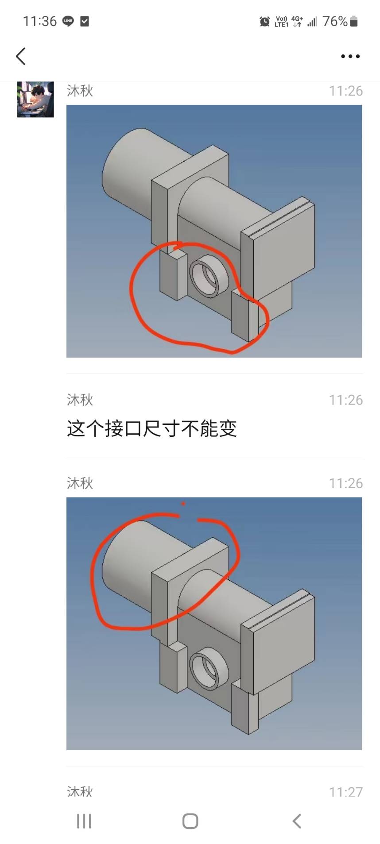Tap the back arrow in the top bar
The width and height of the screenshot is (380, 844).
pyautogui.click(x=21, y=56)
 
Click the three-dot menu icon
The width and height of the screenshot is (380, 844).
pyautogui.click(x=350, y=56)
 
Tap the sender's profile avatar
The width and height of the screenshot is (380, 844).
pyautogui.click(x=35, y=99)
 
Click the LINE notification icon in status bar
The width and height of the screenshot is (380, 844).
pyautogui.click(x=68, y=21)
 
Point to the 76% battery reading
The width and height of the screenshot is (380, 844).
pyautogui.click(x=335, y=21)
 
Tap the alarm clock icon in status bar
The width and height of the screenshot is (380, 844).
pyautogui.click(x=265, y=21)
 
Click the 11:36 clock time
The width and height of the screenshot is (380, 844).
pyautogui.click(x=40, y=21)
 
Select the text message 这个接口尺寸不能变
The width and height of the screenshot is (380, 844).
pyautogui.click(x=152, y=428)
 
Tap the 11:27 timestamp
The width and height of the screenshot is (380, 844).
pyautogui.click(x=345, y=792)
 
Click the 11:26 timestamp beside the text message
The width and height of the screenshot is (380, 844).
pyautogui.click(x=345, y=400)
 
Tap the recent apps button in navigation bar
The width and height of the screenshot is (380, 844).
pyautogui.click(x=84, y=821)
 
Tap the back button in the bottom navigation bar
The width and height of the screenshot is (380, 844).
pyautogui.click(x=297, y=821)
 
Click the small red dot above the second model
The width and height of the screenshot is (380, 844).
pyautogui.click(x=183, y=504)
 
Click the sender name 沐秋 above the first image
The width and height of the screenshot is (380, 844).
pyautogui.click(x=80, y=91)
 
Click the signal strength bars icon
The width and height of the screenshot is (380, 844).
pyautogui.click(x=312, y=21)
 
